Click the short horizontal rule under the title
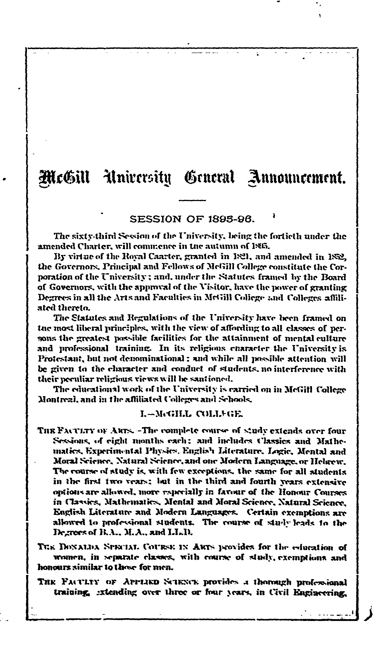coord(192,201)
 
